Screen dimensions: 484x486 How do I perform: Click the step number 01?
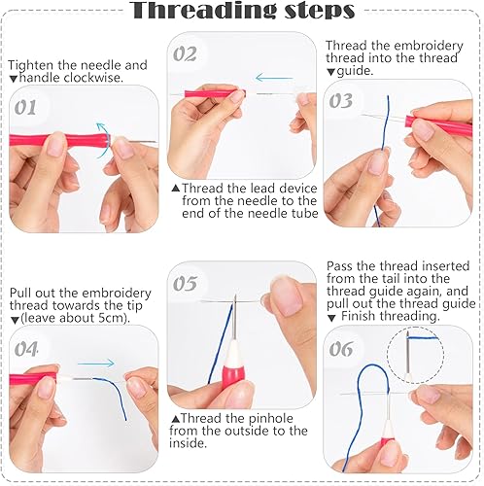[x=25, y=108]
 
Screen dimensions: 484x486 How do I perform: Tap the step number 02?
[x=185, y=54]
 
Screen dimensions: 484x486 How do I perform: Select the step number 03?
[x=341, y=101]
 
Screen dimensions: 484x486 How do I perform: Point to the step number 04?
[x=26, y=349]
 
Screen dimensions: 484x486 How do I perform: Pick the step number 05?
[x=185, y=284]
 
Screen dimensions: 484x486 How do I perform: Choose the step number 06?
[x=341, y=349]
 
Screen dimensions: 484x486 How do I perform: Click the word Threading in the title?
[x=205, y=11]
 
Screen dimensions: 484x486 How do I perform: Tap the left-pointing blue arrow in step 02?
[x=274, y=78]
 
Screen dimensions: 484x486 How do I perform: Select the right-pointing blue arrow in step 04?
[x=96, y=364]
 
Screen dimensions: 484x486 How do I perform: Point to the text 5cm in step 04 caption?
[x=111, y=318]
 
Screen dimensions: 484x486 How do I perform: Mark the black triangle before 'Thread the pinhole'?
[x=176, y=419]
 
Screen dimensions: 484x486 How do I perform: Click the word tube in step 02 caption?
[x=304, y=213]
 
